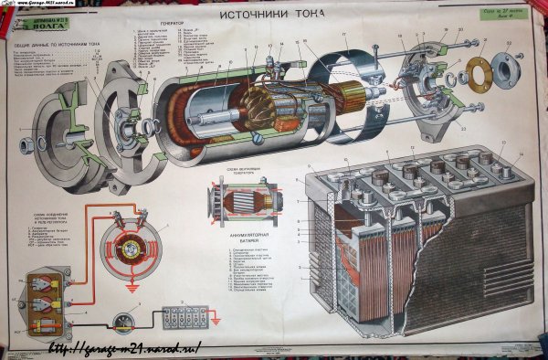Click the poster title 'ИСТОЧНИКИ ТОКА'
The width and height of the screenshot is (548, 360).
274,17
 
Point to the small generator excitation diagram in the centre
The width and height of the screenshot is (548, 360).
238,200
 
